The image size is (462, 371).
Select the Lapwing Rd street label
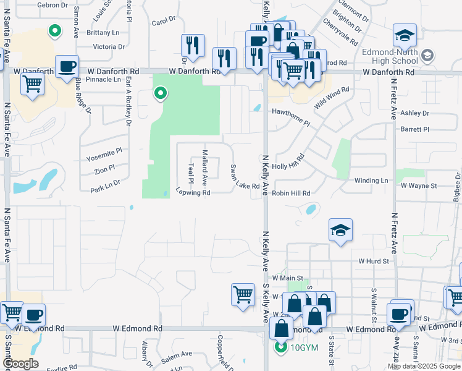(193, 192)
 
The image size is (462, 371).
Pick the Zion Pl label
(104, 168)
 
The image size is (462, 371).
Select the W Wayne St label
(419, 185)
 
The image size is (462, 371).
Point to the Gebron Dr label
(52, 4)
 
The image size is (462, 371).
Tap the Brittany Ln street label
(103, 32)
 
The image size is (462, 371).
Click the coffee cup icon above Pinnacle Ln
(67, 67)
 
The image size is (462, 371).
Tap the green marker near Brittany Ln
(55, 30)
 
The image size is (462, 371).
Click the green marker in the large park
(161, 94)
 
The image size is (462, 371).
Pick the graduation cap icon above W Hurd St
(340, 230)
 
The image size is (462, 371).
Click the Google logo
(21, 364)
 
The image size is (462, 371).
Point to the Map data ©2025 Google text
(423, 366)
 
